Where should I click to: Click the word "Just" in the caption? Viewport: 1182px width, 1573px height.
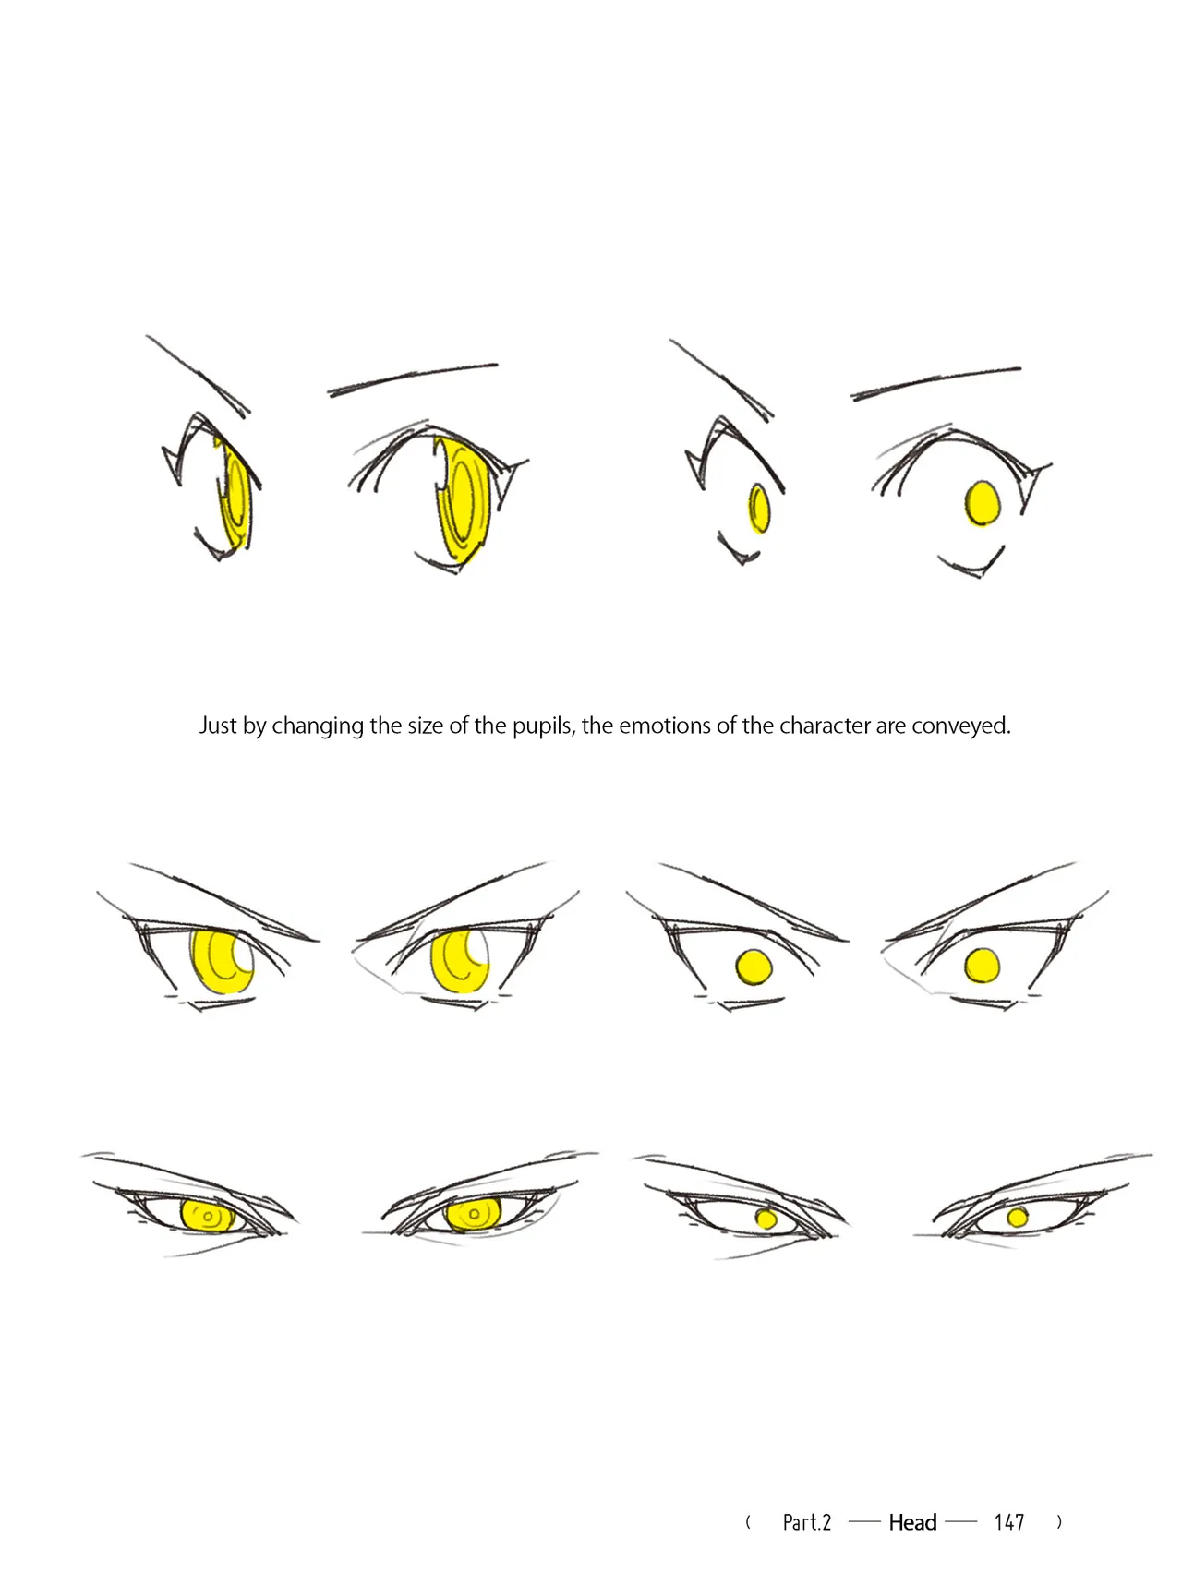click(218, 726)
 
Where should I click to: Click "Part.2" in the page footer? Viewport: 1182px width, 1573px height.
click(807, 1522)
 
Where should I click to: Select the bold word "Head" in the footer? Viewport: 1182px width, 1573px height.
click(912, 1522)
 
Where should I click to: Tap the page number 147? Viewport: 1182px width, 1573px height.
click(1009, 1522)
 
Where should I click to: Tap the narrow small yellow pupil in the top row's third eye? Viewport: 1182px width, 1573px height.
click(759, 509)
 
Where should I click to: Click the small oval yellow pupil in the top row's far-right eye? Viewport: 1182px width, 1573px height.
click(983, 503)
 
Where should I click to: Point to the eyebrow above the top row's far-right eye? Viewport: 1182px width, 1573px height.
click(935, 383)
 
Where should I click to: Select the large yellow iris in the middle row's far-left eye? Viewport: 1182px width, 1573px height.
click(222, 961)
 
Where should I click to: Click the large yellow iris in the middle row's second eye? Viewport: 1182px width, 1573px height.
click(459, 961)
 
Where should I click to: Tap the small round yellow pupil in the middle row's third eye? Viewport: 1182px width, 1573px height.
click(754, 967)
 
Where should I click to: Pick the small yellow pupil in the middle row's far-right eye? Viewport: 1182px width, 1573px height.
click(983, 967)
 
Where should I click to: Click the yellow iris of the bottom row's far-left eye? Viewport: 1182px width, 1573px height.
click(208, 1216)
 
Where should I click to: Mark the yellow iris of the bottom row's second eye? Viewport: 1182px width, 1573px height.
click(473, 1214)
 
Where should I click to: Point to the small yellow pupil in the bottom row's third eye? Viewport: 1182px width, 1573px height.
click(766, 1219)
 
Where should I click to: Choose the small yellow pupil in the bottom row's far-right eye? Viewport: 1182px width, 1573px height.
click(1018, 1218)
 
